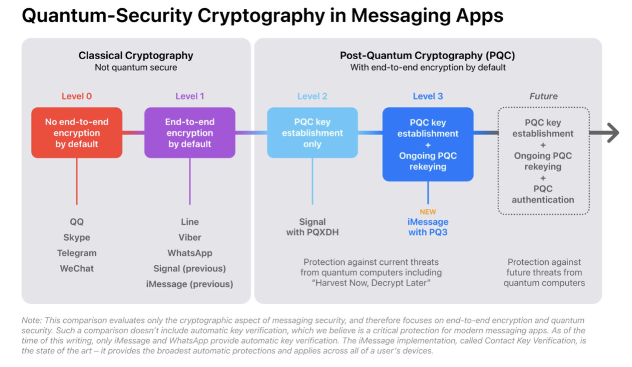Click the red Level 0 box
coord(77,133)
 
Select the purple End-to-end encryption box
coord(190,133)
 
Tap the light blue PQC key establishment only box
coord(312,133)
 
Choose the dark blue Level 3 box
coord(428,144)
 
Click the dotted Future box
coord(543,161)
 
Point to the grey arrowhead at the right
coord(613,133)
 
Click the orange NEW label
coord(428,212)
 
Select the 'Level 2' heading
coord(312,96)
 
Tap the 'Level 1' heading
coord(190,96)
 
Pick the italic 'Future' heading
coord(543,96)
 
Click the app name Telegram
coord(77,253)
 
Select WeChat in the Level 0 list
coord(77,268)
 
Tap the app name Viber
coord(190,237)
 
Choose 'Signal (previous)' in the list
coord(190,268)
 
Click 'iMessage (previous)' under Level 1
coord(190,284)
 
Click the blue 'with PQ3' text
coord(428,232)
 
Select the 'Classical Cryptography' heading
coord(136,56)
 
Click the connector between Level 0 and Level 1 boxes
coord(133,133)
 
